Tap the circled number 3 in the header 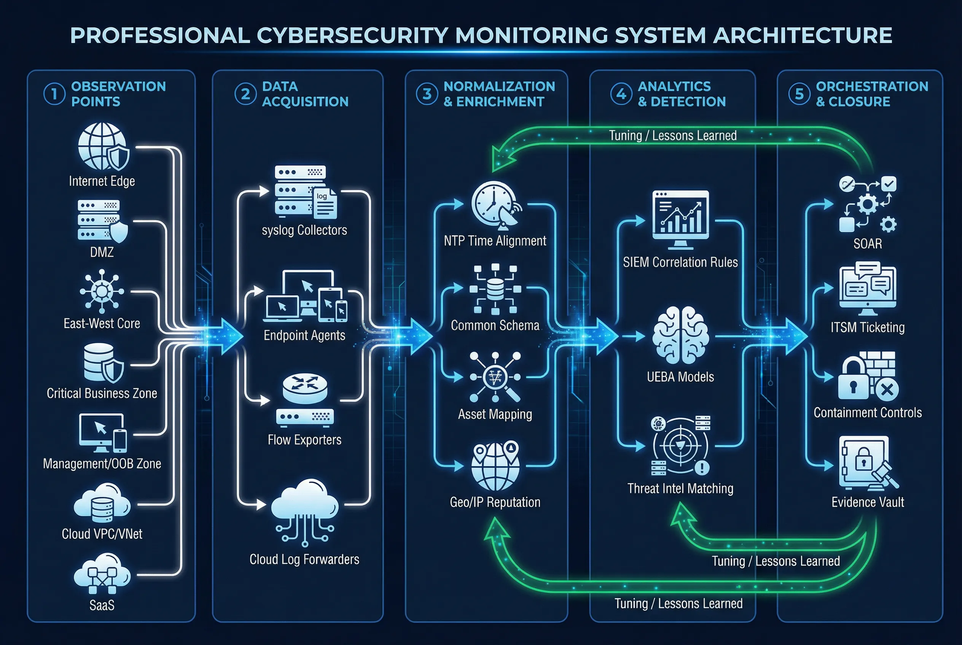point(427,94)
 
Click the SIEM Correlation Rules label point(680,262)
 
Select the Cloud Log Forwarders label point(304,559)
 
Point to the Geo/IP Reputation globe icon point(495,465)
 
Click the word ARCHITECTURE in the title point(802,35)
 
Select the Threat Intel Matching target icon point(680,445)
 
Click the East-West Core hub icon point(102,291)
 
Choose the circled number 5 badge point(799,94)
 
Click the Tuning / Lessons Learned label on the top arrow point(673,135)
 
